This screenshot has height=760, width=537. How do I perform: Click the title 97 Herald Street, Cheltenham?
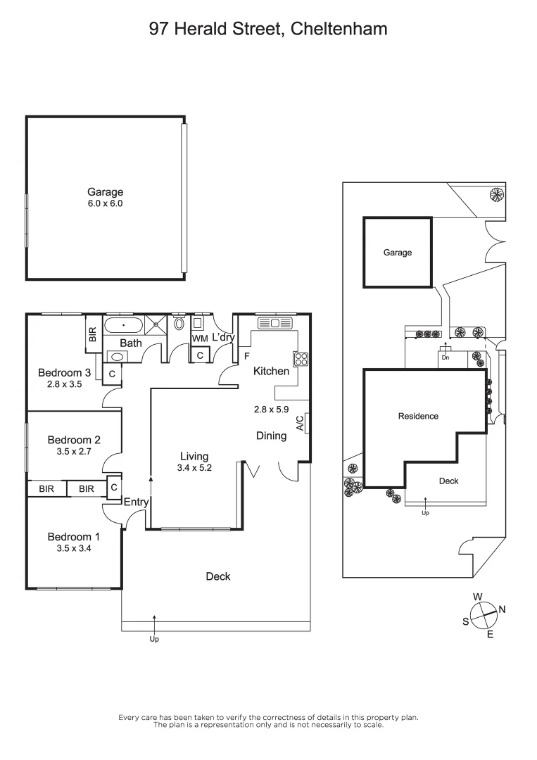pos(268,29)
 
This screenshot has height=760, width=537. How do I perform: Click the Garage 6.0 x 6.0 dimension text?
pos(105,203)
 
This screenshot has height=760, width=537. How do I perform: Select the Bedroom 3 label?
pos(65,373)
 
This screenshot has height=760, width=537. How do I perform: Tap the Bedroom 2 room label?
pos(74,440)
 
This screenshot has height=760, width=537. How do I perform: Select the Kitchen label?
pos(271,371)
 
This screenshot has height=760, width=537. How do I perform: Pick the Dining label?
pos(271,436)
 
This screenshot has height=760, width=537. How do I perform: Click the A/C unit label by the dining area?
pos(300,422)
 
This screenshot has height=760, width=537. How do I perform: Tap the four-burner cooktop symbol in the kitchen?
pos(301,358)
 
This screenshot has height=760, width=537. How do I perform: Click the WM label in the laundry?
pos(200,339)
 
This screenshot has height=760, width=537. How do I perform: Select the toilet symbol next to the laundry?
pos(179,324)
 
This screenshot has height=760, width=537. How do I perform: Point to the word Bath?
pos(130,343)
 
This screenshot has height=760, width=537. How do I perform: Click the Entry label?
pos(136,502)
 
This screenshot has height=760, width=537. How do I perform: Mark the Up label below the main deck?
pos(154,639)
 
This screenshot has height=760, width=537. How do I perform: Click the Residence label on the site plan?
pos(418,416)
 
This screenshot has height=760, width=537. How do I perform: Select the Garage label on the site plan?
pos(397,253)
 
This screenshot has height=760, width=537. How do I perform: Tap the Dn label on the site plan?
pos(445,357)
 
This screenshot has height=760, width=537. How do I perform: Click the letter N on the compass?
pos(502,609)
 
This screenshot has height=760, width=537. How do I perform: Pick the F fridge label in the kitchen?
pos(246,356)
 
